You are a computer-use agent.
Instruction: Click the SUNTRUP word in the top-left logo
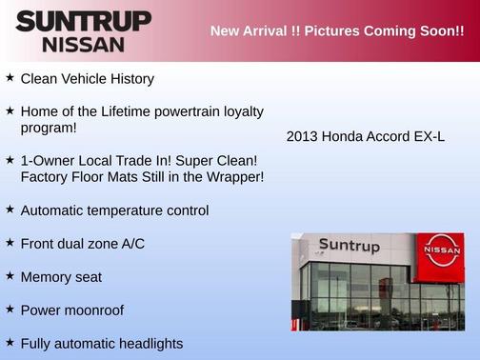(84, 20)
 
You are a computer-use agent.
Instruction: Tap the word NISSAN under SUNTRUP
(83, 44)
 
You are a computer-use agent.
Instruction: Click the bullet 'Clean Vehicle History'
(87, 78)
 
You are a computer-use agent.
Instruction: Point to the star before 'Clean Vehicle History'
(10, 77)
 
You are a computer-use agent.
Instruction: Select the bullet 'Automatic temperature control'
(114, 210)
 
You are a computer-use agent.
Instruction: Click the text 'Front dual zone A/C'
(82, 243)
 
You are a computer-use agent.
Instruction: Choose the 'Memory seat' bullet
(61, 276)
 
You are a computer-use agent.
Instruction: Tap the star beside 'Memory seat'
(10, 275)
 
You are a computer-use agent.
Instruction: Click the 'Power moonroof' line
(72, 310)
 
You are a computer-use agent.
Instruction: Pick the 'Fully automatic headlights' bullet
(102, 343)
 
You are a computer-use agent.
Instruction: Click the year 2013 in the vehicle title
(302, 136)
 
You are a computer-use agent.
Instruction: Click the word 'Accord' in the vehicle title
(386, 136)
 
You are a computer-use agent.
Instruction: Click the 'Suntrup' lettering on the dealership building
(350, 246)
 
